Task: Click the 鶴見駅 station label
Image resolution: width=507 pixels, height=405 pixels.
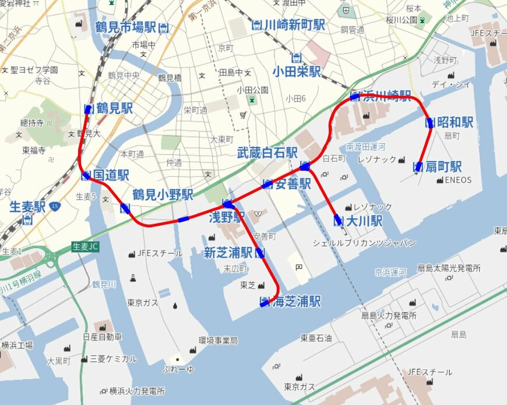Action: (114, 108)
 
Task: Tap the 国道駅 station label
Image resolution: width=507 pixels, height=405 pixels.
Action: (110, 175)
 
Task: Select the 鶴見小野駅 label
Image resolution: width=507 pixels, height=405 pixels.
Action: (163, 194)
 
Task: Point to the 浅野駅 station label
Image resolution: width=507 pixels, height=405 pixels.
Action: (227, 218)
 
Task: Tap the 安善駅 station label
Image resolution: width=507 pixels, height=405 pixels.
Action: (292, 184)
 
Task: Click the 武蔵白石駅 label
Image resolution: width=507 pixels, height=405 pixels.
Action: (267, 152)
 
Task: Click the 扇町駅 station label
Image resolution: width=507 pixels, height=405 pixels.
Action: (443, 167)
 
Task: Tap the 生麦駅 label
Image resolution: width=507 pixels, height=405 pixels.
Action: (27, 207)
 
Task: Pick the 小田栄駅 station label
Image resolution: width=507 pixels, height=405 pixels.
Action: (297, 71)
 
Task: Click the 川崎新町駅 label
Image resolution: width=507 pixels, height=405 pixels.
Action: (294, 25)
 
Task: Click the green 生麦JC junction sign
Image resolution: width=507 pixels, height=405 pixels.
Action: (86, 247)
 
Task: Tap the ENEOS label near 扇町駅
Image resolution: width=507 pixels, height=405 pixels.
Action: (458, 180)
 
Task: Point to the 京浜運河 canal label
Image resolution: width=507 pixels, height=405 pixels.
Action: (390, 272)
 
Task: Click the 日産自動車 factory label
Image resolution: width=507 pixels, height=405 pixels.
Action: (103, 337)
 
